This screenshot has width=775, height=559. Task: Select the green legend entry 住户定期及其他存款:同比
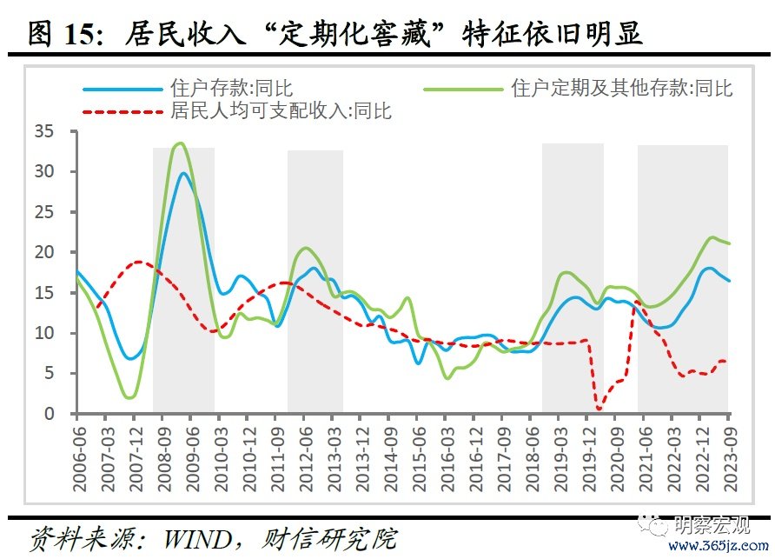click(x=622, y=89)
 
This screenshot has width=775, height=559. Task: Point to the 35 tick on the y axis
click(x=45, y=132)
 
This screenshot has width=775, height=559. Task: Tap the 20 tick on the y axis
click(x=45, y=253)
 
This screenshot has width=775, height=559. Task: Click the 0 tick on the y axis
click(x=50, y=414)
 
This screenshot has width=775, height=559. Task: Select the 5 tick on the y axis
click(x=50, y=374)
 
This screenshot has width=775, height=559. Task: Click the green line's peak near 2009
click(x=180, y=143)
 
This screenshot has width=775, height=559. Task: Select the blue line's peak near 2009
click(x=183, y=173)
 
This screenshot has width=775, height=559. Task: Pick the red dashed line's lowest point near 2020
click(x=599, y=409)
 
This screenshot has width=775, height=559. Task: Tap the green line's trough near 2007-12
click(x=130, y=397)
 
